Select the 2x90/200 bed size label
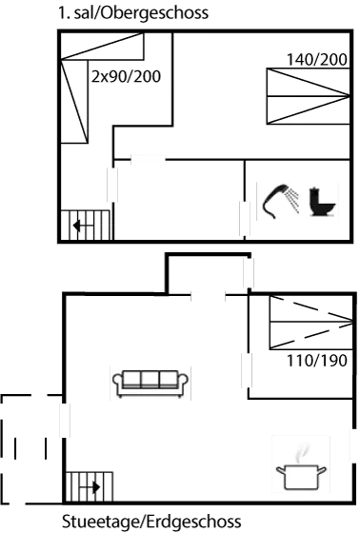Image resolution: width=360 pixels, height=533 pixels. click(x=126, y=74)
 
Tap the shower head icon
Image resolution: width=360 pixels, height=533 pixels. click(x=278, y=201)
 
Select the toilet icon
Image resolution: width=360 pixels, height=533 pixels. click(x=320, y=202)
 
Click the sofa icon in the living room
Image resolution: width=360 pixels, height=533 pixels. click(x=150, y=383)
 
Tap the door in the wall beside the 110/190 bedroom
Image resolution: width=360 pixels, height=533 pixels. click(x=246, y=369)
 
